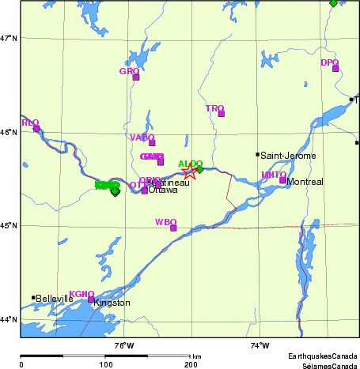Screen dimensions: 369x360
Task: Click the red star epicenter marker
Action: click(x=189, y=171)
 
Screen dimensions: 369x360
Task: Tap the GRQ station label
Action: click(x=129, y=71)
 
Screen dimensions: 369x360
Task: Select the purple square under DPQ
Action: click(x=335, y=69)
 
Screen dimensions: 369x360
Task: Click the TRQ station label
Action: click(x=214, y=108)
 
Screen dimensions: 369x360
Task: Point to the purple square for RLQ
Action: click(x=36, y=128)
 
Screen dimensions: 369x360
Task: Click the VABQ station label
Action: click(x=142, y=137)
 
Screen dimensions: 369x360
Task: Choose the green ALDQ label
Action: click(x=190, y=164)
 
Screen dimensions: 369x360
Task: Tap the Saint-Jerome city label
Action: click(x=289, y=156)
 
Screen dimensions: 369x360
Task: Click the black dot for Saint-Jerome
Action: click(x=257, y=154)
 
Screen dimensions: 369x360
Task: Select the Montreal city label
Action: click(x=305, y=182)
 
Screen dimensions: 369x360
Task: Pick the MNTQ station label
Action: click(x=274, y=175)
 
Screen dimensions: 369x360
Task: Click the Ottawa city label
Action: click(x=164, y=190)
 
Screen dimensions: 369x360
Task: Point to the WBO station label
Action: click(x=165, y=222)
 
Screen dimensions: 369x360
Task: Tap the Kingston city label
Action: click(x=112, y=303)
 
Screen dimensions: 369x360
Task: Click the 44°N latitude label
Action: click(x=9, y=319)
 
